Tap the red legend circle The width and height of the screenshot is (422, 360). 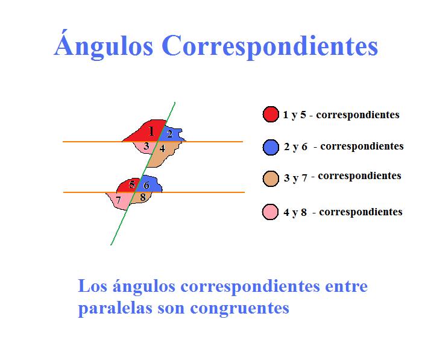271,114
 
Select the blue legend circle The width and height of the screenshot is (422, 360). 271,147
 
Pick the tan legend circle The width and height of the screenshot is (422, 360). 271,178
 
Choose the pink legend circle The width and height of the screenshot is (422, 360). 271,212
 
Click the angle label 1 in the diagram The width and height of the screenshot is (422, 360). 151,130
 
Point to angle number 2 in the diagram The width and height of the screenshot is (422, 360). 170,134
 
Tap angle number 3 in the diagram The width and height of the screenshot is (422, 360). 146,146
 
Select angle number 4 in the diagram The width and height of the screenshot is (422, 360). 162,148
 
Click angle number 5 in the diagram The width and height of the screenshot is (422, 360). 132,185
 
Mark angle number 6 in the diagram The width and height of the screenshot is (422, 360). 146,185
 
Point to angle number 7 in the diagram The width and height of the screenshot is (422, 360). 119,200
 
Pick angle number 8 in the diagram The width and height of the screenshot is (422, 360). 142,197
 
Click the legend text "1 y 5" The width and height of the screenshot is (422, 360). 295,115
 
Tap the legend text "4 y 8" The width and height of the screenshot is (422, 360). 296,212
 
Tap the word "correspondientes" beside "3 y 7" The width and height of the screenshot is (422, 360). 359,176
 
